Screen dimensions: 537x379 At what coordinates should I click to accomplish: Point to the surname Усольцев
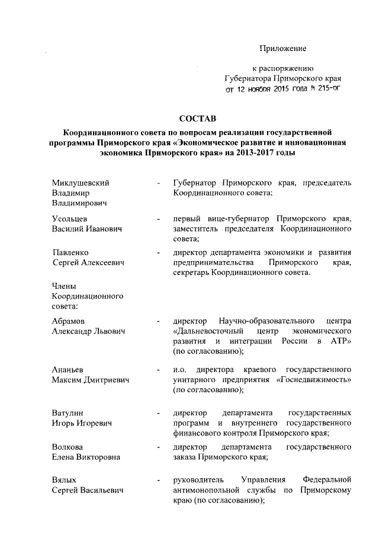tap(69, 219)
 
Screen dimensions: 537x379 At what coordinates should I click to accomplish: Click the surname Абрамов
tap(69, 321)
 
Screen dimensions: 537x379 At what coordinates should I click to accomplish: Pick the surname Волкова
tap(67, 447)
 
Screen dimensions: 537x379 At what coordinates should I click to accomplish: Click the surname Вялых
tap(64, 479)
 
